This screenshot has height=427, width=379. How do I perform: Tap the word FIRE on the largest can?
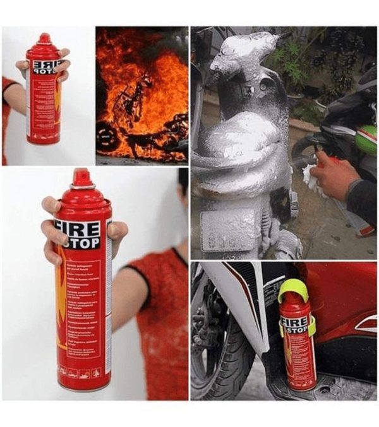76,228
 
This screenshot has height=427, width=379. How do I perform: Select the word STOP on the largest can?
80,242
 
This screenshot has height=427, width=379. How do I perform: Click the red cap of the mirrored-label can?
44,39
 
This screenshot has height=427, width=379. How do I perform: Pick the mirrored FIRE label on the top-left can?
45,64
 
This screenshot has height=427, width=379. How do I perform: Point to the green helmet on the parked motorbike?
366,140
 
